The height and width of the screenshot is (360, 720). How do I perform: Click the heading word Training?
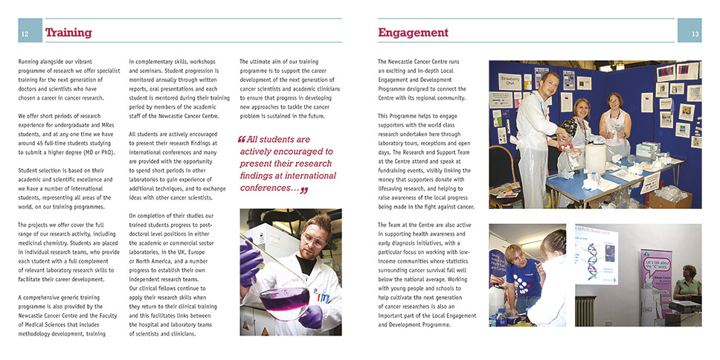(x=68, y=33)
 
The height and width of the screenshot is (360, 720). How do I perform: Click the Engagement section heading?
(x=413, y=33)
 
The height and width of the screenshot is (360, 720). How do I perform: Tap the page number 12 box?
(x=25, y=33)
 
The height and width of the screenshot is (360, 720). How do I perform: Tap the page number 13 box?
(x=693, y=33)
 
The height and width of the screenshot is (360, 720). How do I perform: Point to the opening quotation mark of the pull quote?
(x=241, y=139)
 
